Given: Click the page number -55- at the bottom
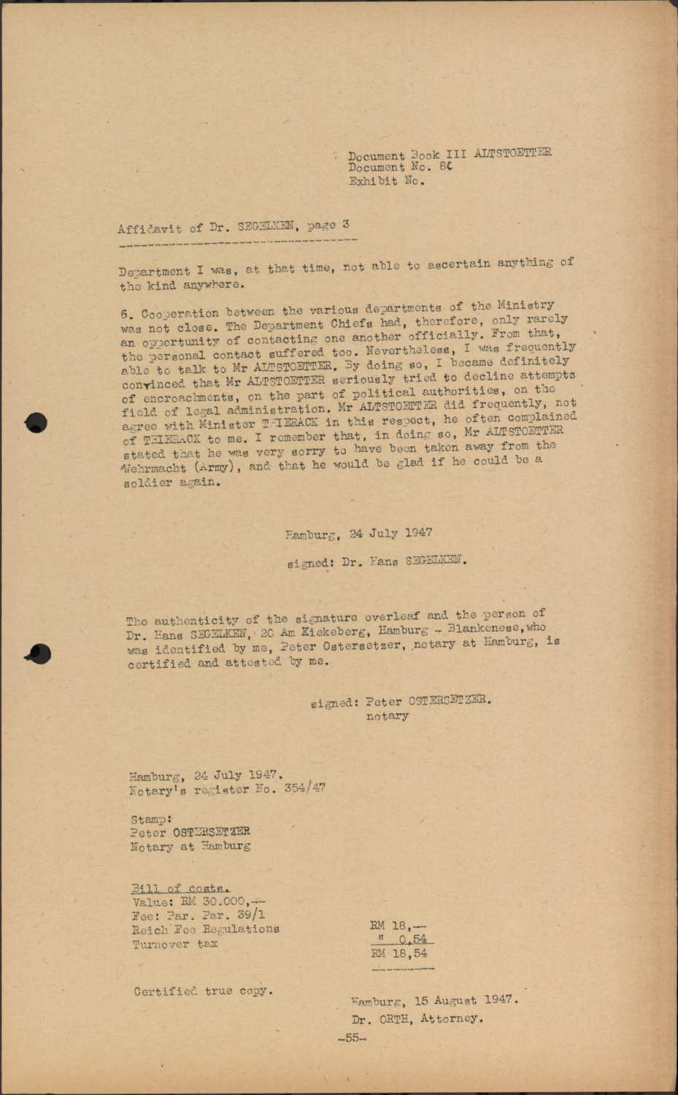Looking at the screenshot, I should (352, 1038).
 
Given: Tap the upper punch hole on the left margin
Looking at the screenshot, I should (35, 423).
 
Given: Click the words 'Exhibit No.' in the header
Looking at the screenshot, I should (386, 181).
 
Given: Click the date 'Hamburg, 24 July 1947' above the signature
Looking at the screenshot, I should (358, 534).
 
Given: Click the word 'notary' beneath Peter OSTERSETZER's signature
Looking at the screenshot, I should (387, 716).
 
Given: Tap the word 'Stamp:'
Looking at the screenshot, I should (151, 819).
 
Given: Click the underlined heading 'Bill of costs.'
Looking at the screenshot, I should (180, 888).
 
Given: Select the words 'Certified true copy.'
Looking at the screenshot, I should (203, 991).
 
